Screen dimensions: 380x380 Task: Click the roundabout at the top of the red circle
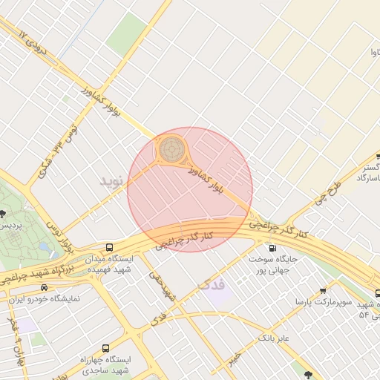click(x=172, y=148)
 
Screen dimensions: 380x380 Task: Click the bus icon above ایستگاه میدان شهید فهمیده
click(x=110, y=247)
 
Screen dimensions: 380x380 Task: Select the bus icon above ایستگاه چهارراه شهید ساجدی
click(x=105, y=348)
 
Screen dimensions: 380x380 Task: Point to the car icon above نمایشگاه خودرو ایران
click(x=44, y=287)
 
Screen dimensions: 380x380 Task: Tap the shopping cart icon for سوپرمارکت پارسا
click(x=323, y=292)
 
